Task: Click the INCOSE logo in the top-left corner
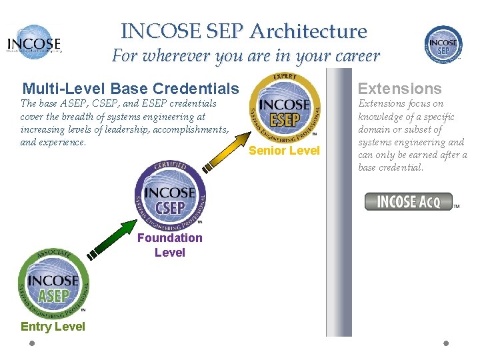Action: tap(34, 42)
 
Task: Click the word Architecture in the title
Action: tap(308, 31)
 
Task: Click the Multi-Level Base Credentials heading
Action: tap(131, 88)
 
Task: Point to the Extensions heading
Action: tap(400, 88)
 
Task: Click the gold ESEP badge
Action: tap(285, 109)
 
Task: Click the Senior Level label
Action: tap(285, 151)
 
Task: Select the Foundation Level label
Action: tap(170, 245)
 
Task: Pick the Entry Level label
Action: tap(53, 327)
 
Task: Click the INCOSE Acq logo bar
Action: tap(409, 201)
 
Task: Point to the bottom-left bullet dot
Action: tap(32, 343)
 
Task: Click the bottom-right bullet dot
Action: tap(446, 343)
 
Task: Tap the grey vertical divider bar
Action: tap(338, 200)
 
